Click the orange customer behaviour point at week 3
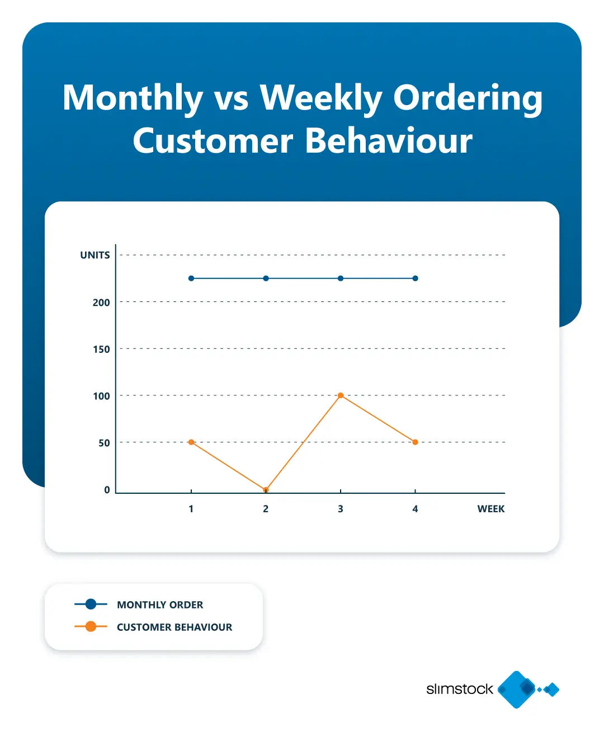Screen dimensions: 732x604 [x=341, y=395]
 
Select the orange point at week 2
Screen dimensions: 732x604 [x=266, y=490]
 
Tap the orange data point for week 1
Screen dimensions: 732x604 [x=191, y=442]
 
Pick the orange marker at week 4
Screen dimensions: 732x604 [x=415, y=442]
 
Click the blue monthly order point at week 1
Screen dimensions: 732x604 [x=191, y=278]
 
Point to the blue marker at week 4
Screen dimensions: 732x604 [x=415, y=278]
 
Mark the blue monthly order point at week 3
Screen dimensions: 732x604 [x=341, y=278]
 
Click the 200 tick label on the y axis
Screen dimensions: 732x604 [x=101, y=303]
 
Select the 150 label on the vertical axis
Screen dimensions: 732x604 [x=101, y=350]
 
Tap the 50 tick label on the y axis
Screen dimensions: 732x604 [x=104, y=443]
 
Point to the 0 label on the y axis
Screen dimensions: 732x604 [x=107, y=490]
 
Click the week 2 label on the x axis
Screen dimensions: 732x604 [x=266, y=509]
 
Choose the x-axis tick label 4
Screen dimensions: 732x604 [x=415, y=509]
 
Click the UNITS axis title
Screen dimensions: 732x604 [x=95, y=256]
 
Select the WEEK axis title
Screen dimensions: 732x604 [x=490, y=509]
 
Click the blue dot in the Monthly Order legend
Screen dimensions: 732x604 [x=91, y=604]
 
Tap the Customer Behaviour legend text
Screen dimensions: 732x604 [x=174, y=627]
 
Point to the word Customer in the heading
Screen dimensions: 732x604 [x=213, y=140]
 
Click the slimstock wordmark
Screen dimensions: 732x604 [x=460, y=689]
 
